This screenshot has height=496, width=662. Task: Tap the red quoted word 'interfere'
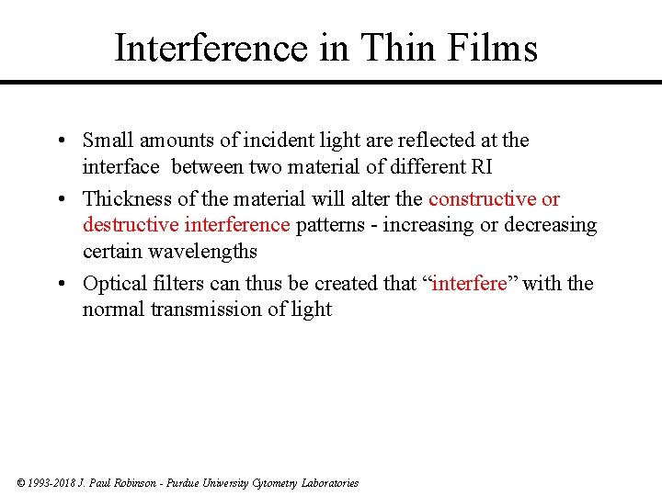click(469, 284)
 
